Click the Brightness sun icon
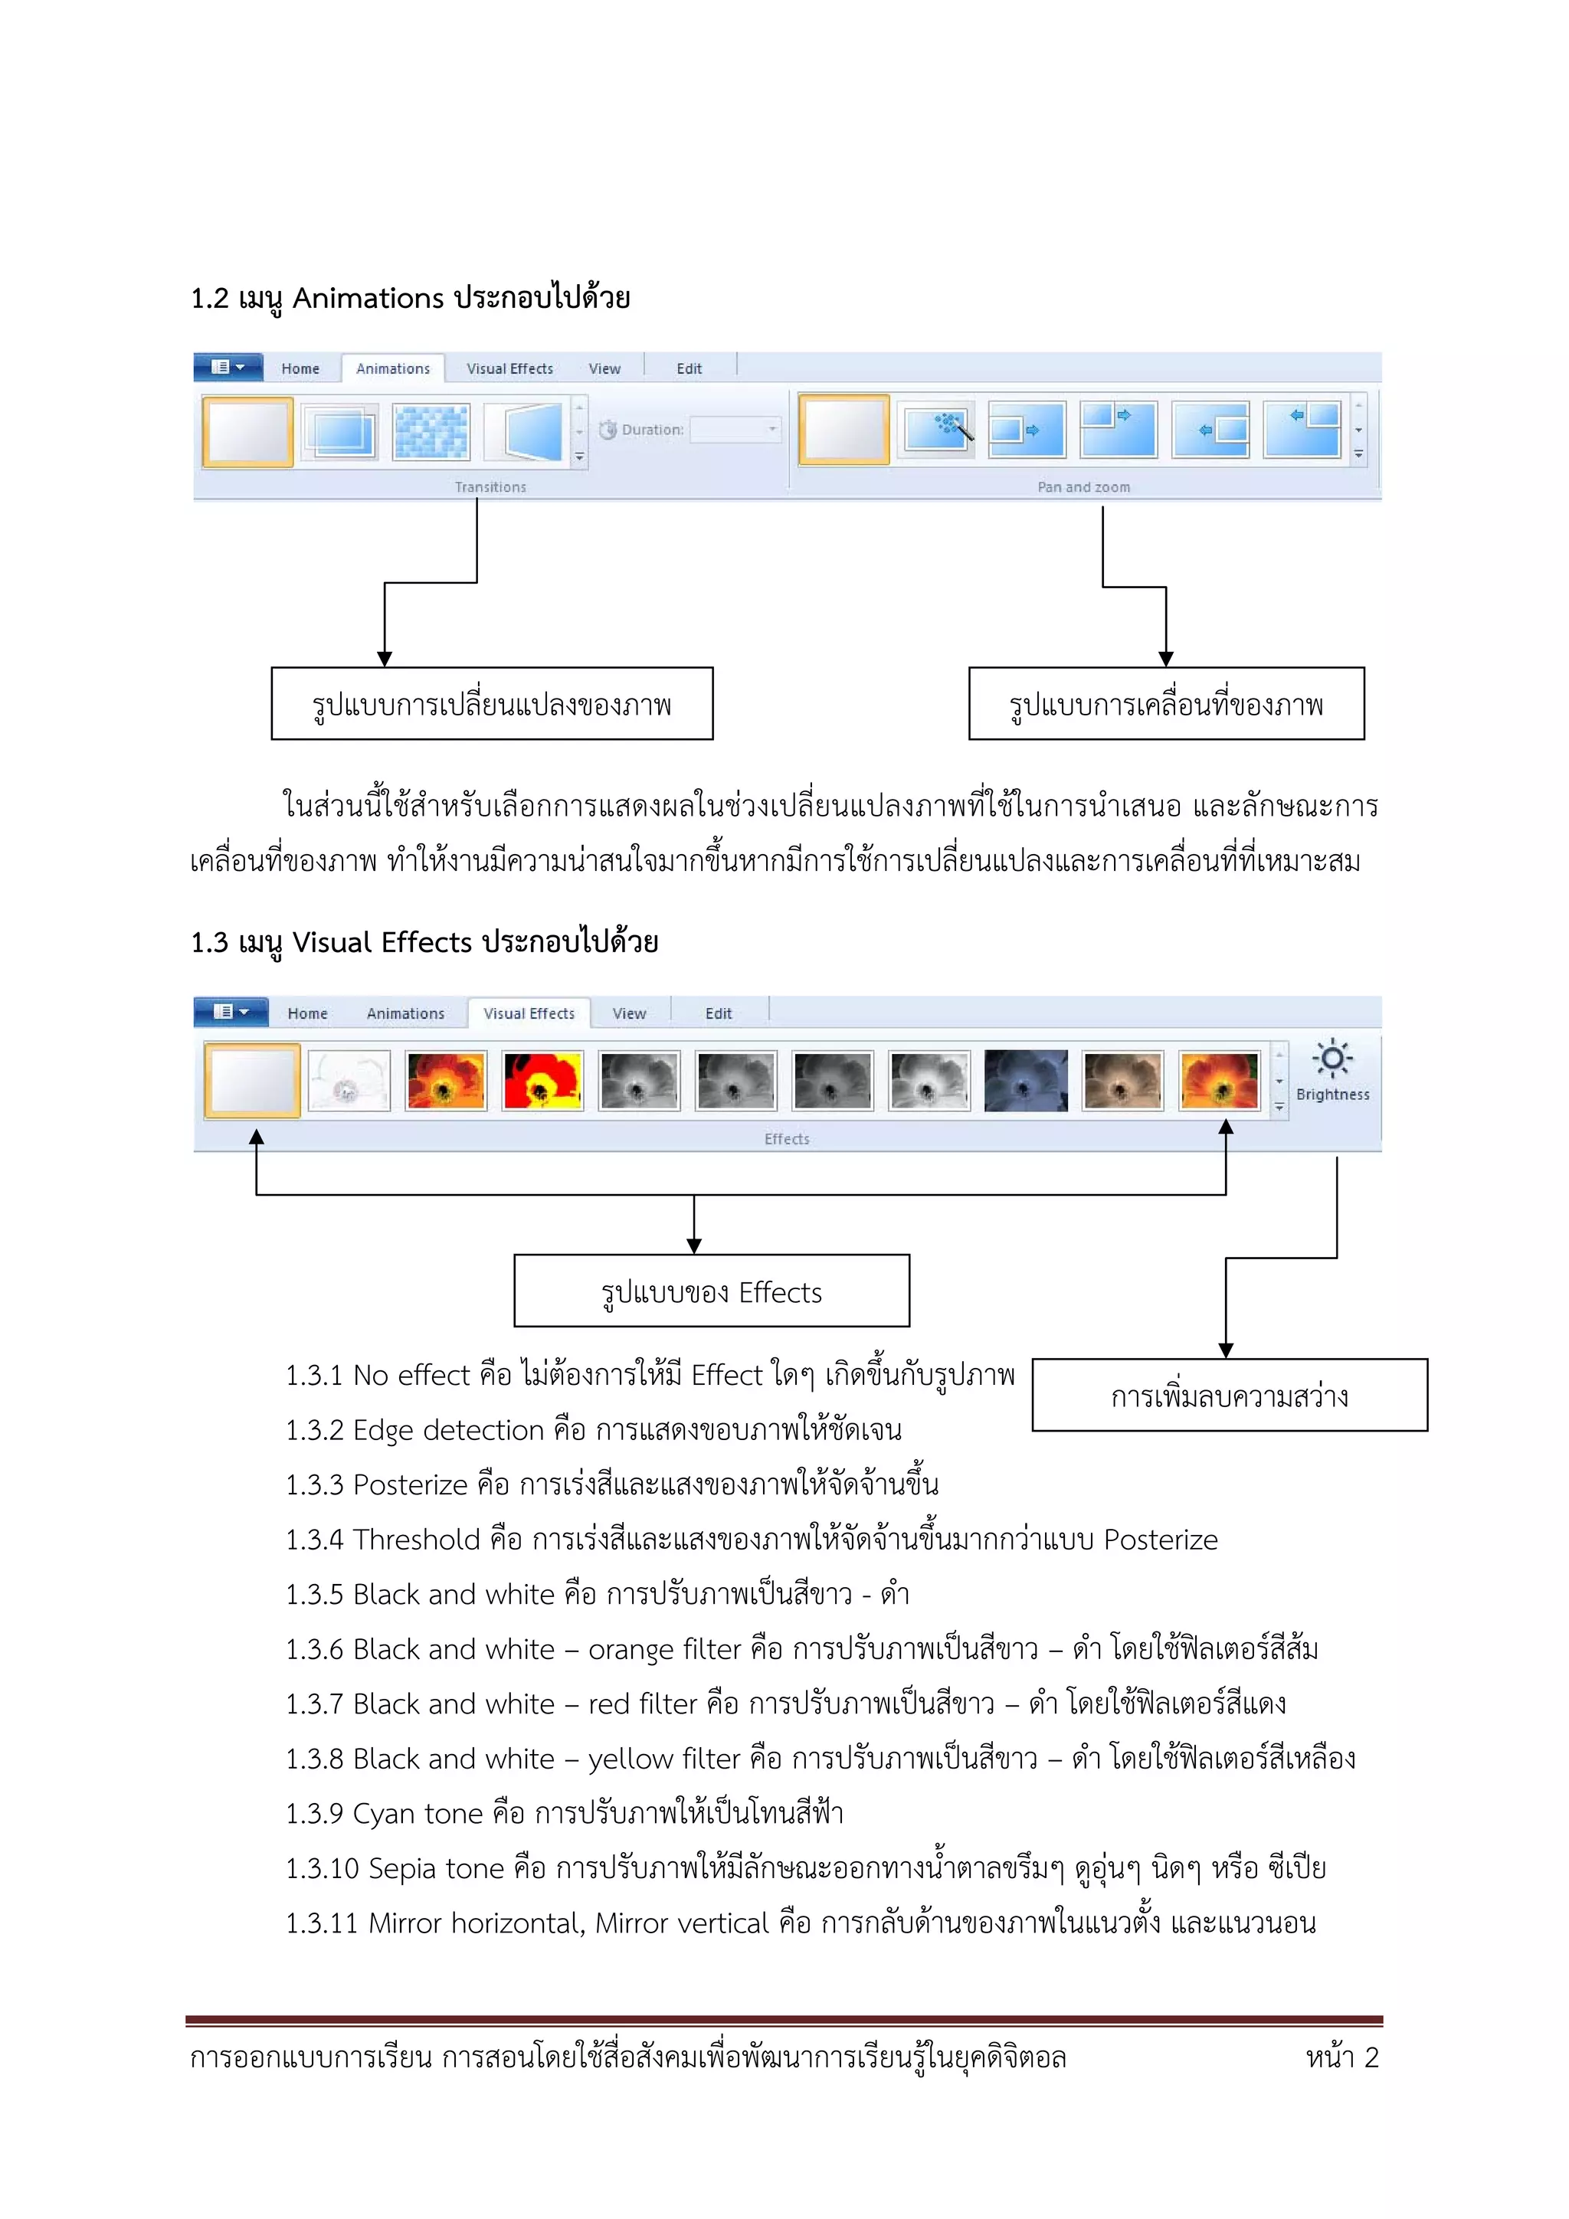pyautogui.click(x=1332, y=1059)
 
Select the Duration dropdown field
pyautogui.click(x=735, y=429)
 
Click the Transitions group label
pyautogui.click(x=490, y=487)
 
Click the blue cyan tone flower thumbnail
pyautogui.click(x=1026, y=1081)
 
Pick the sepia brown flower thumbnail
pyautogui.click(x=1122, y=1081)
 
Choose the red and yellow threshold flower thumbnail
pyautogui.click(x=542, y=1081)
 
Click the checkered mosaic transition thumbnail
pyautogui.click(x=431, y=431)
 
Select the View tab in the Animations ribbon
pyautogui.click(x=604, y=368)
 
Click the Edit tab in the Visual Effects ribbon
pyautogui.click(x=719, y=1013)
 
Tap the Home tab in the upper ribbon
pyautogui.click(x=300, y=368)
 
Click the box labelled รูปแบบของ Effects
pyautogui.click(x=712, y=1291)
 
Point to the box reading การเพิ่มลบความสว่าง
pyautogui.click(x=1229, y=1396)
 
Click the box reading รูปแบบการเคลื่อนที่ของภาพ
pyautogui.click(x=1166, y=704)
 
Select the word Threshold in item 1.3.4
pyautogui.click(x=417, y=1540)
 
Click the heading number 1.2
pyautogui.click(x=210, y=299)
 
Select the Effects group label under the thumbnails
pyautogui.click(x=787, y=1138)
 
